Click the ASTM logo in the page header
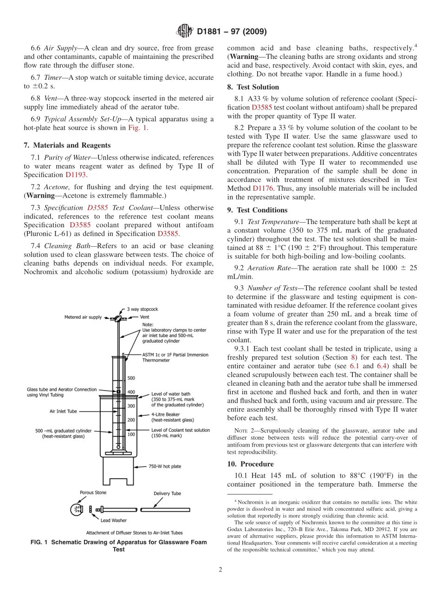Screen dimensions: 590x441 click(x=184, y=32)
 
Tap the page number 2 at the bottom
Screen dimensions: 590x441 click(x=220, y=570)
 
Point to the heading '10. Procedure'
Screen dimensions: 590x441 click(x=250, y=464)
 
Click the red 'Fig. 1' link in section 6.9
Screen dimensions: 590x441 click(x=138, y=128)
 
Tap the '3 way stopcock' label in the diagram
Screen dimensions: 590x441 click(x=143, y=308)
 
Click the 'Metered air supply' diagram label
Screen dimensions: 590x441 click(x=83, y=317)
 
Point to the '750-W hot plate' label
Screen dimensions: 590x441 click(x=165, y=466)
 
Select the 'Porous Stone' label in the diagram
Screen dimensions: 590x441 click(x=93, y=493)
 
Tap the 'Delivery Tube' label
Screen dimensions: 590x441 click(x=167, y=494)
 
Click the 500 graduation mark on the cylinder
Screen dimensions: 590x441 click(x=131, y=378)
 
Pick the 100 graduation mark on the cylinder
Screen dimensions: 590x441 click(x=131, y=434)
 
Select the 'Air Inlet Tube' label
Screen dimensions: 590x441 click(x=63, y=411)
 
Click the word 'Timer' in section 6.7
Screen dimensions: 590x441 click(x=52, y=78)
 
